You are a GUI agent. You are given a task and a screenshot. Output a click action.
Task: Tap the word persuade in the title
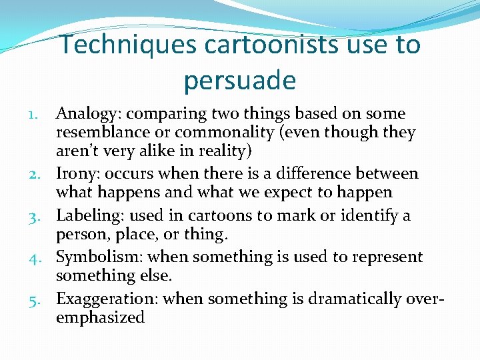[x=239, y=81]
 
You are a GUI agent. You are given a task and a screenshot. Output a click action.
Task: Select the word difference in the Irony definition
[x=331, y=174]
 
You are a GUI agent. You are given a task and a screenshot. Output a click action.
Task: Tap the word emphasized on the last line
[x=100, y=317]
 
